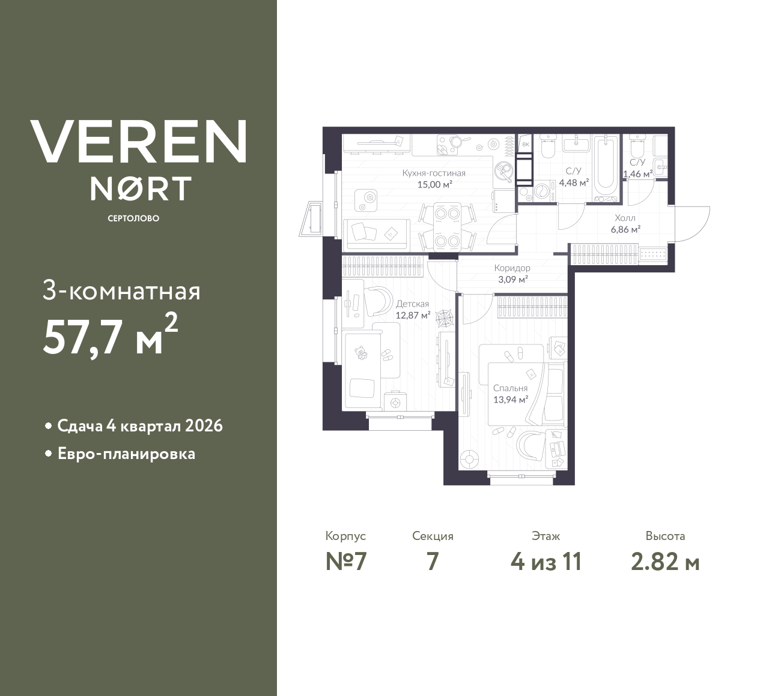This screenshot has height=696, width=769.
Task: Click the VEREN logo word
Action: click(x=138, y=142)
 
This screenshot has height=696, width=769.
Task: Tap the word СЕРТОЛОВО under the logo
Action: click(x=133, y=218)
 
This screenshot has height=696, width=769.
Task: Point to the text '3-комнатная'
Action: click(x=121, y=292)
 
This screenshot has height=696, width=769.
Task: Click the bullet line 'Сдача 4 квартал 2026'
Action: click(x=139, y=426)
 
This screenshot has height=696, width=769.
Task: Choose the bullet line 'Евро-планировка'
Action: click(x=126, y=454)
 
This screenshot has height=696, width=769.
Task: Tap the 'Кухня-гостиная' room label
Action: click(x=434, y=173)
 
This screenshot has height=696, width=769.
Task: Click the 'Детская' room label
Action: click(x=412, y=304)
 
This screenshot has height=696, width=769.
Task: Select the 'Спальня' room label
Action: click(x=510, y=388)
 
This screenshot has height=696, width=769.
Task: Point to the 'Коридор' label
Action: click(x=512, y=268)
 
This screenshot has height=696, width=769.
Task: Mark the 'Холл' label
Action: click(x=625, y=218)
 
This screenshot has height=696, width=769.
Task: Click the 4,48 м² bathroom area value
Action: click(x=574, y=183)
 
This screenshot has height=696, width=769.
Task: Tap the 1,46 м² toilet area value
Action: click(x=637, y=175)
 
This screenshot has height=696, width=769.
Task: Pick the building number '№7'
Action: click(x=346, y=562)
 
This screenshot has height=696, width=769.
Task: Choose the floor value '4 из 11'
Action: click(x=546, y=562)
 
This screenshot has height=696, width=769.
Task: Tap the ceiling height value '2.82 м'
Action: click(x=665, y=562)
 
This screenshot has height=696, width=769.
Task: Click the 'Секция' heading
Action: click(x=433, y=536)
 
